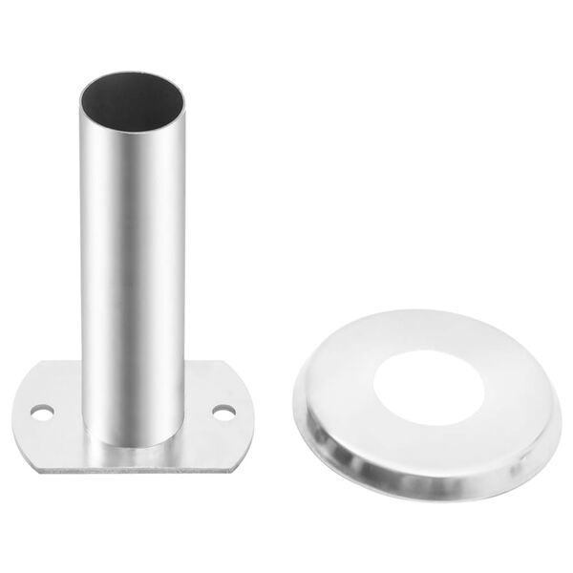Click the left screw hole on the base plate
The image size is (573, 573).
41,412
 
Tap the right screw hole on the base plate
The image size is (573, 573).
223,413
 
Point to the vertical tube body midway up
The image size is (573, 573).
130,258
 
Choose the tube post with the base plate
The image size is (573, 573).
130,286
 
